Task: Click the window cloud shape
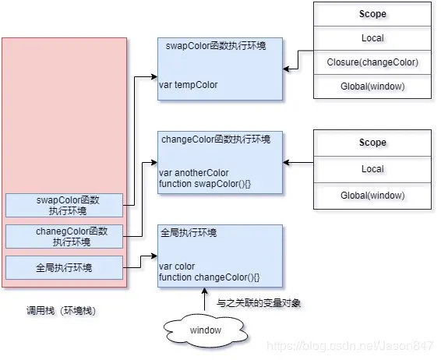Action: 206,330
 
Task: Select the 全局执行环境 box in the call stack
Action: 64,268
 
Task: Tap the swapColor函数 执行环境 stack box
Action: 64,206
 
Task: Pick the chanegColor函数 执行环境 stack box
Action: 64,237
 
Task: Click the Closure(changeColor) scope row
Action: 372,62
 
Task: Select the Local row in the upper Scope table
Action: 372,38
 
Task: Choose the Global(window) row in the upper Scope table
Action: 372,86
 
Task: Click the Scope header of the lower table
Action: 372,143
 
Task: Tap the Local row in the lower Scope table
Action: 372,168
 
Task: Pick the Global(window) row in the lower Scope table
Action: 372,196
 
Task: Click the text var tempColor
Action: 188,85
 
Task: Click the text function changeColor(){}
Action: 209,277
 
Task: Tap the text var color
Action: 176,266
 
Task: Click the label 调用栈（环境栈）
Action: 62,311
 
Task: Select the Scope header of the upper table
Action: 372,14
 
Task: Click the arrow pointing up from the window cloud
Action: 205,301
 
